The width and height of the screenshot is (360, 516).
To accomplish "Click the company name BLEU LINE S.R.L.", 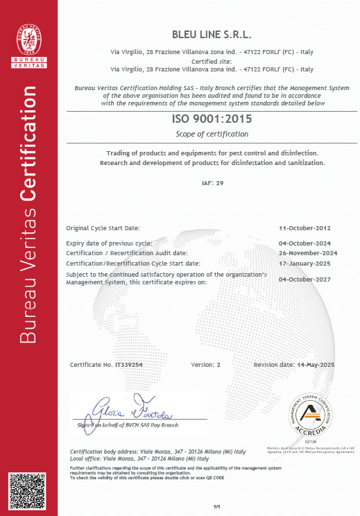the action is tap(212, 34).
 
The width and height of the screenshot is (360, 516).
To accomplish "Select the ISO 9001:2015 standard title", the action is tap(212, 119).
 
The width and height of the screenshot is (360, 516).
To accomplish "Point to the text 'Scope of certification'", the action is tap(212, 133).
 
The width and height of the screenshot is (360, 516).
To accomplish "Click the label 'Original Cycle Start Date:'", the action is tap(103, 227).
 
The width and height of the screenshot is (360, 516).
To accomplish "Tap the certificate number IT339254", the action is tap(128, 364).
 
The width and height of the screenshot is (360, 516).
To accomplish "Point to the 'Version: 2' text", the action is tap(205, 364).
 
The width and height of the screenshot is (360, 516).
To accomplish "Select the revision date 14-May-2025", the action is tap(316, 364).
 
